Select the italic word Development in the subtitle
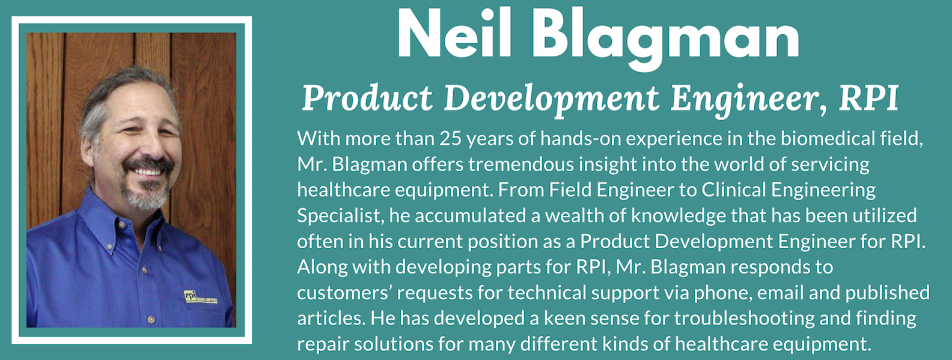point(551,99)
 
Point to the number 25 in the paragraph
point(451,139)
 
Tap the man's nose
point(149,147)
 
